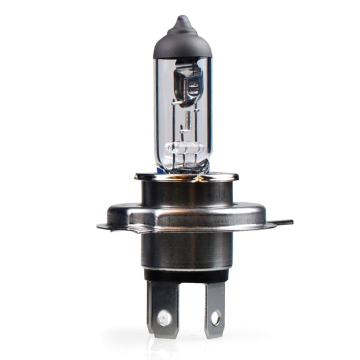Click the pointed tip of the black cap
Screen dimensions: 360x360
tap(181, 18)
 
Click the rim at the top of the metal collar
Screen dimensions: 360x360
tap(186, 176)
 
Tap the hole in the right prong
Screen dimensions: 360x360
tap(213, 321)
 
